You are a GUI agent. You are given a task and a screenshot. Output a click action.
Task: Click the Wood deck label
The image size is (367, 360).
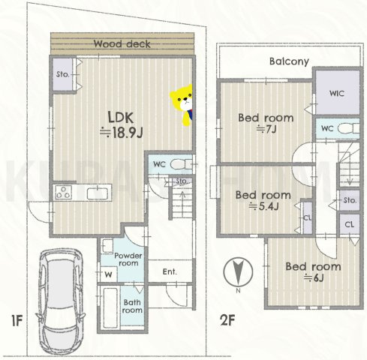[x=122, y=44]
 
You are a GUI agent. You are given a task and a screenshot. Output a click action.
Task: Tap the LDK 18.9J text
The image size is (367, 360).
[x=121, y=124]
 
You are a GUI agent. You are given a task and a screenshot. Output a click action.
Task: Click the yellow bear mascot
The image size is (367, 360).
[x=182, y=105]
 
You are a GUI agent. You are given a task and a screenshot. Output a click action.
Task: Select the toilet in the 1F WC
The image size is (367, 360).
[x=181, y=164]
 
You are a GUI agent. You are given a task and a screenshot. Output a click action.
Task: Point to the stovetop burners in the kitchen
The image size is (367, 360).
[x=63, y=192]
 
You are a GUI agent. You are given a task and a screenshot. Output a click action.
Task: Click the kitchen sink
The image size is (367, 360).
[x=98, y=193]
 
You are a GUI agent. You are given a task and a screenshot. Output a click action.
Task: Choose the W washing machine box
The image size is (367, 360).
[x=108, y=274]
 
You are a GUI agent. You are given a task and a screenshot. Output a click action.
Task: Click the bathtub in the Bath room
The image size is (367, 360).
[x=110, y=307]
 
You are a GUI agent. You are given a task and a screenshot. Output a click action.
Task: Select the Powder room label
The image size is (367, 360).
[x=128, y=259]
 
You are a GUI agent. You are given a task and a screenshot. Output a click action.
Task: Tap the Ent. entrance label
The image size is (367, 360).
[x=170, y=271]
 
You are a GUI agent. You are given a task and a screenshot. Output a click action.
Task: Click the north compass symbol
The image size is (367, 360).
[x=238, y=272]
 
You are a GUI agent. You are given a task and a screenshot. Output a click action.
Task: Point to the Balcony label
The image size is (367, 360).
[x=289, y=61]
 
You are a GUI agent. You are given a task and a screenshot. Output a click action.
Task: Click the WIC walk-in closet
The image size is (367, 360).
[x=337, y=92]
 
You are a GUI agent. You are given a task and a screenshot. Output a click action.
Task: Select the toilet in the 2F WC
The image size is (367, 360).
[x=348, y=128]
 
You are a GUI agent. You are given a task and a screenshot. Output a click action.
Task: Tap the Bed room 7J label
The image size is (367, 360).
[x=266, y=123]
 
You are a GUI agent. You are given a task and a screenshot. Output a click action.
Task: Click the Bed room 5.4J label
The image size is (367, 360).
[x=263, y=200]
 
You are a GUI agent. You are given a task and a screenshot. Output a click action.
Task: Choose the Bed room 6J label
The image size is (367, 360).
[x=313, y=271]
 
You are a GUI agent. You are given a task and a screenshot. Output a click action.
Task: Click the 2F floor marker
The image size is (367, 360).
[x=227, y=320]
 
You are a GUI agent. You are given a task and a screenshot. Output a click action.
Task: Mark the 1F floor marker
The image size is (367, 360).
[x=17, y=321]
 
